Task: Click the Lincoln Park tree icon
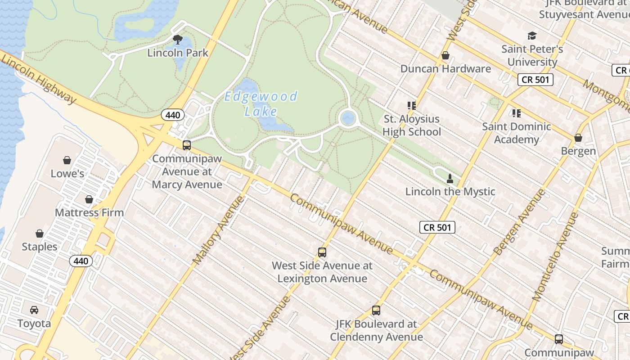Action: click(x=178, y=40)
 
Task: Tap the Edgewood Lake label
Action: click(x=261, y=103)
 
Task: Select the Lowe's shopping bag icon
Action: click(x=67, y=160)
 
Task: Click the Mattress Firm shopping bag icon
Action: click(x=89, y=199)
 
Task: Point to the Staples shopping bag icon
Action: click(x=40, y=234)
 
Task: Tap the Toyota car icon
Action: click(x=34, y=310)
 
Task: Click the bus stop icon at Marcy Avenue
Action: click(x=187, y=145)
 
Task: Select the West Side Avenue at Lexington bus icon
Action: click(x=322, y=252)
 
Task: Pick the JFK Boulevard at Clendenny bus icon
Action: click(x=376, y=310)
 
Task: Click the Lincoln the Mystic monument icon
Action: click(x=450, y=178)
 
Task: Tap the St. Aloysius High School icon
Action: click(x=411, y=106)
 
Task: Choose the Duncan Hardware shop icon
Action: click(x=445, y=55)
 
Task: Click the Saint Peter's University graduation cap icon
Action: click(x=532, y=36)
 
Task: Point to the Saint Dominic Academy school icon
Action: click(x=516, y=113)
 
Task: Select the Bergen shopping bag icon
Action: click(x=578, y=138)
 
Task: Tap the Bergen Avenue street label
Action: click(x=519, y=222)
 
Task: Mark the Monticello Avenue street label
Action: click(x=555, y=256)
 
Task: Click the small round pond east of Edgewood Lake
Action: click(x=348, y=118)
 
